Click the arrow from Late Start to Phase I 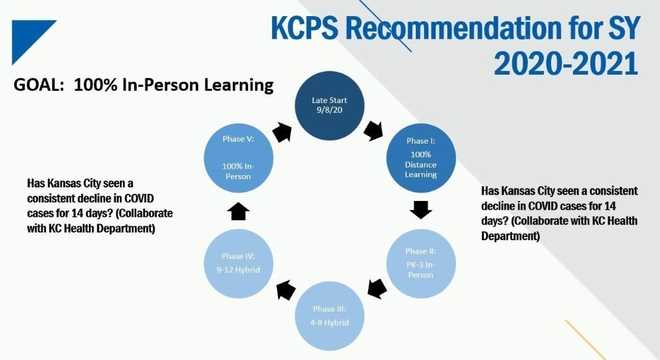[375, 130]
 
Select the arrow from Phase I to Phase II [421, 211]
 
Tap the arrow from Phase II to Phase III [377, 291]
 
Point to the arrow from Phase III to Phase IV [285, 291]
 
